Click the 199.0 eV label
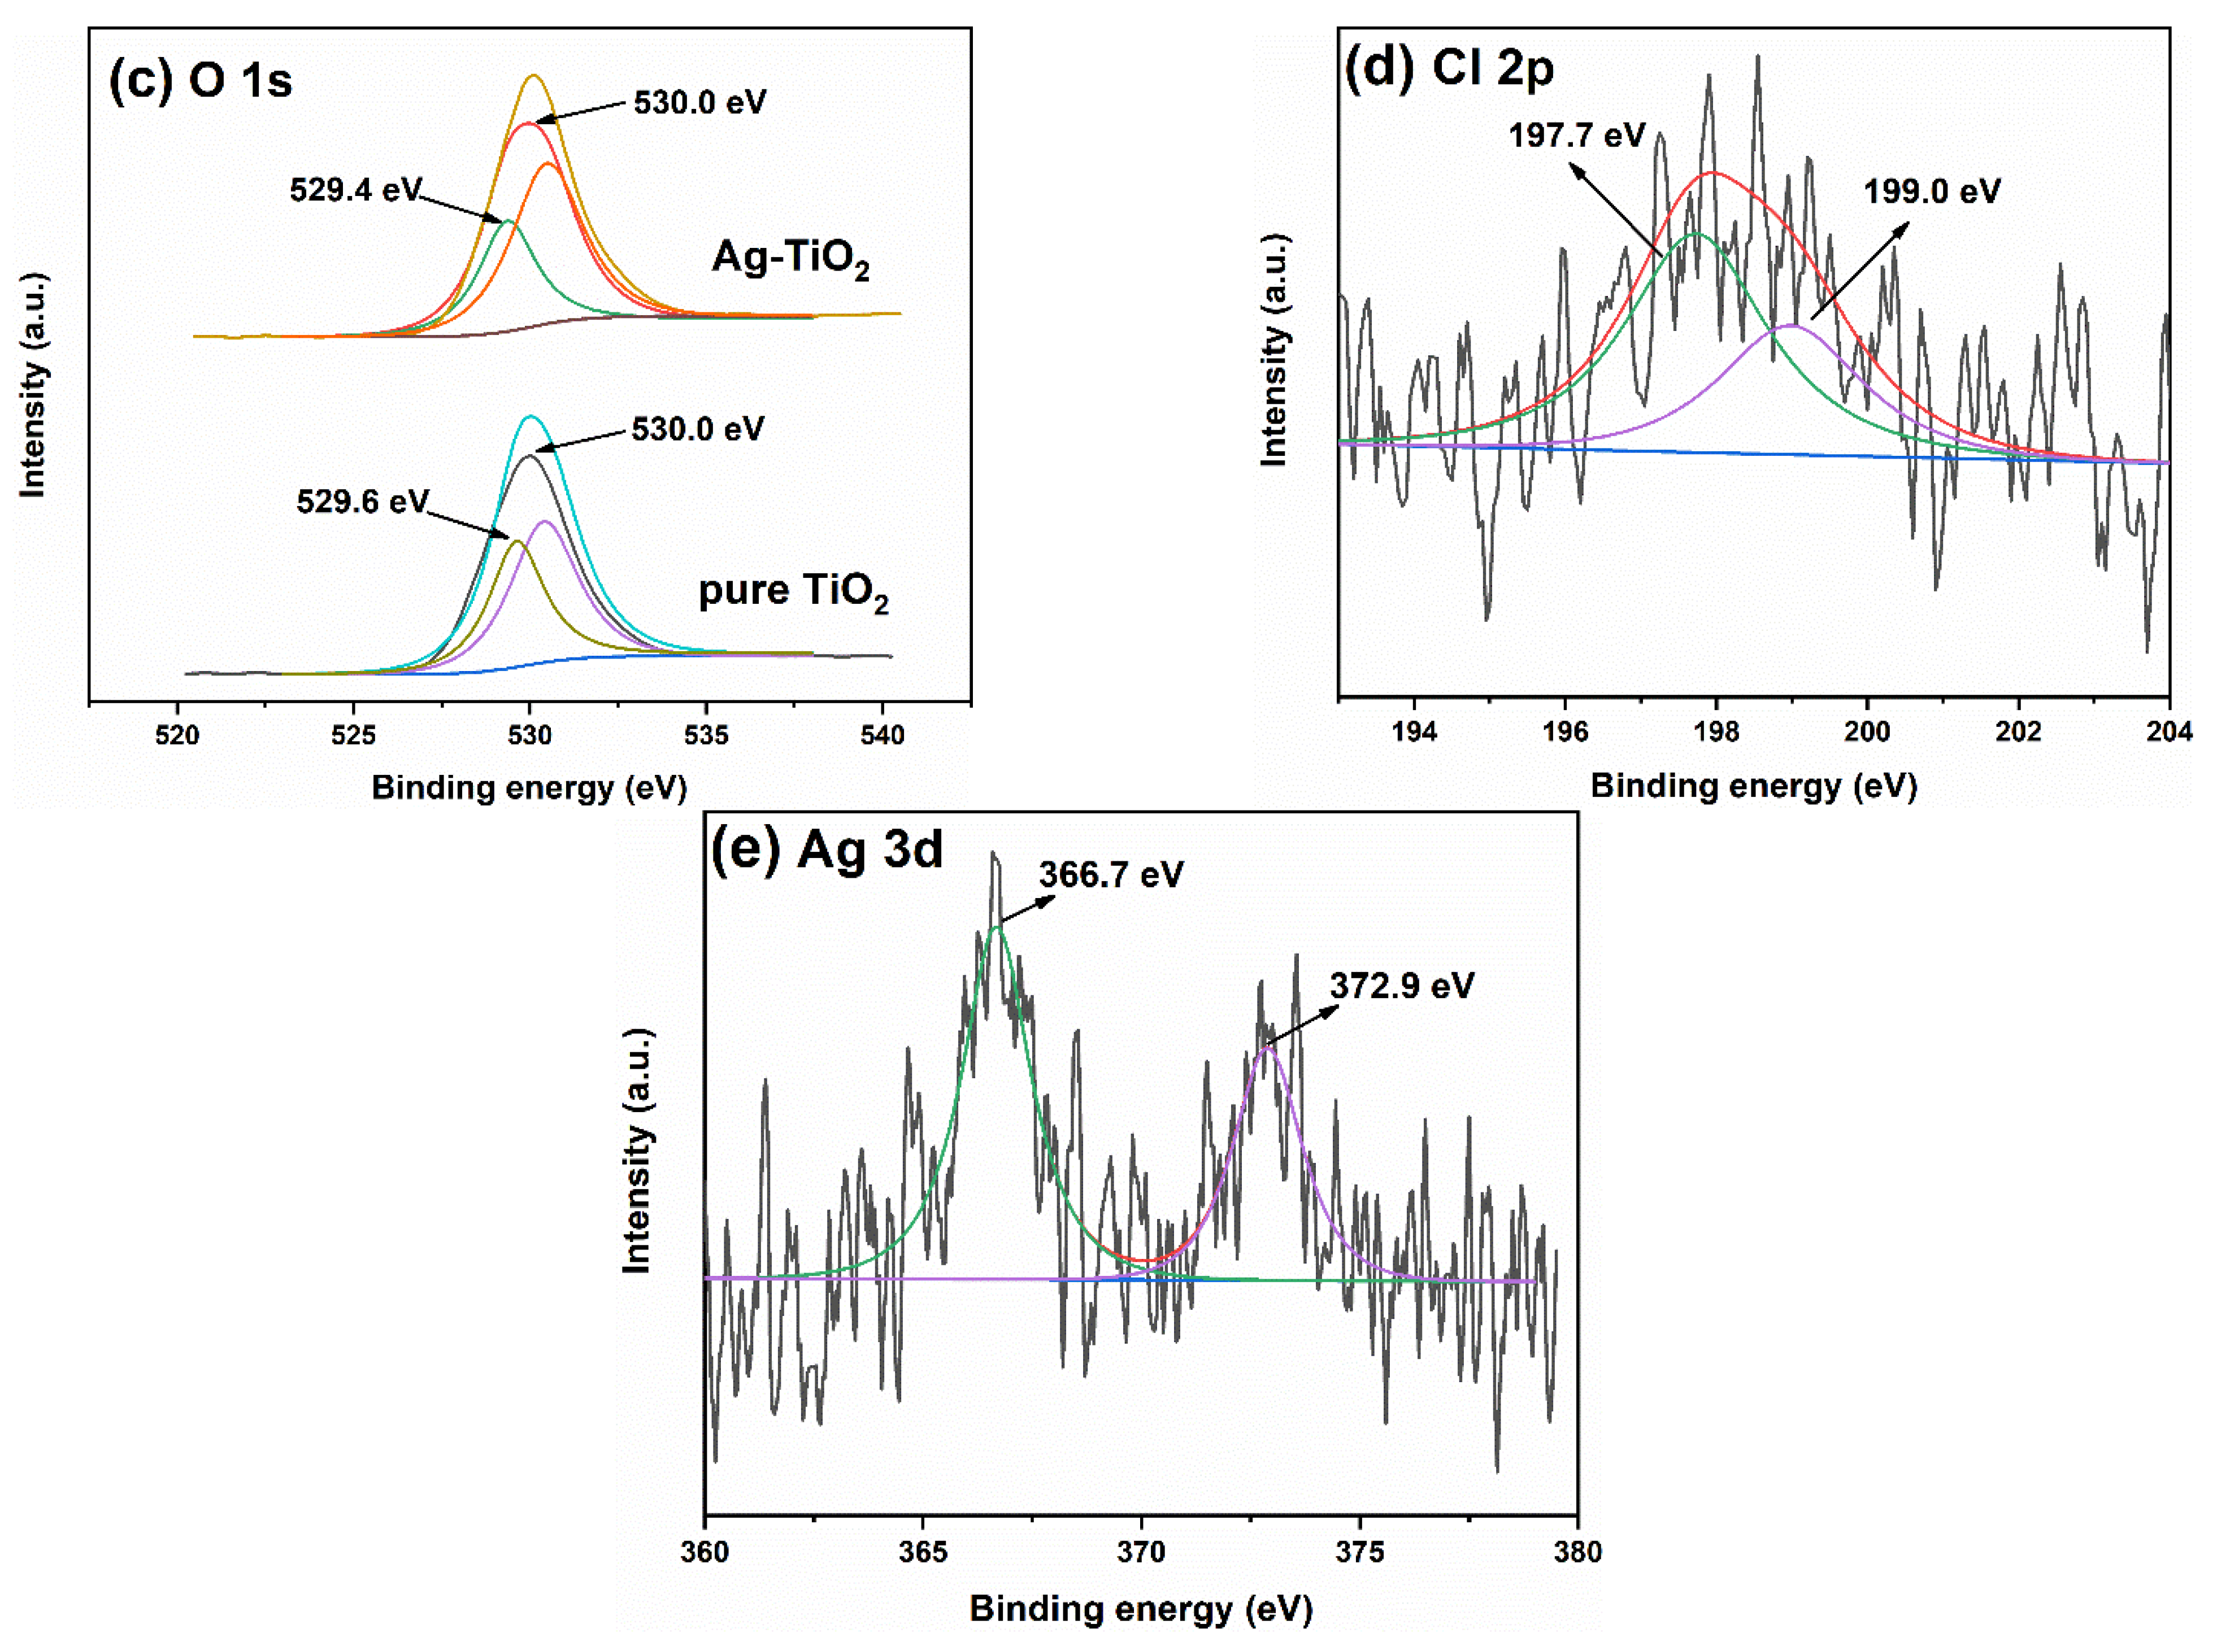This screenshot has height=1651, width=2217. (x=1931, y=191)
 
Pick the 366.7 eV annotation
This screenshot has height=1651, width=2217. (x=1111, y=874)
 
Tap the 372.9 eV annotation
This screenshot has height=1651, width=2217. (x=1401, y=986)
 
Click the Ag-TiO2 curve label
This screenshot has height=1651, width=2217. (x=790, y=258)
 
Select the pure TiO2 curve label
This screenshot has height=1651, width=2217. (x=793, y=591)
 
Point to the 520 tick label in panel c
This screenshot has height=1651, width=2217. (x=178, y=734)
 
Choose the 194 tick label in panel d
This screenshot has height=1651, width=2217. (x=1414, y=731)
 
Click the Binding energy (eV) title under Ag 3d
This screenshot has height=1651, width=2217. (x=1141, y=1608)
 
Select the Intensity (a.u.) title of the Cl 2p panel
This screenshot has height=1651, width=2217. (x=1273, y=350)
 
